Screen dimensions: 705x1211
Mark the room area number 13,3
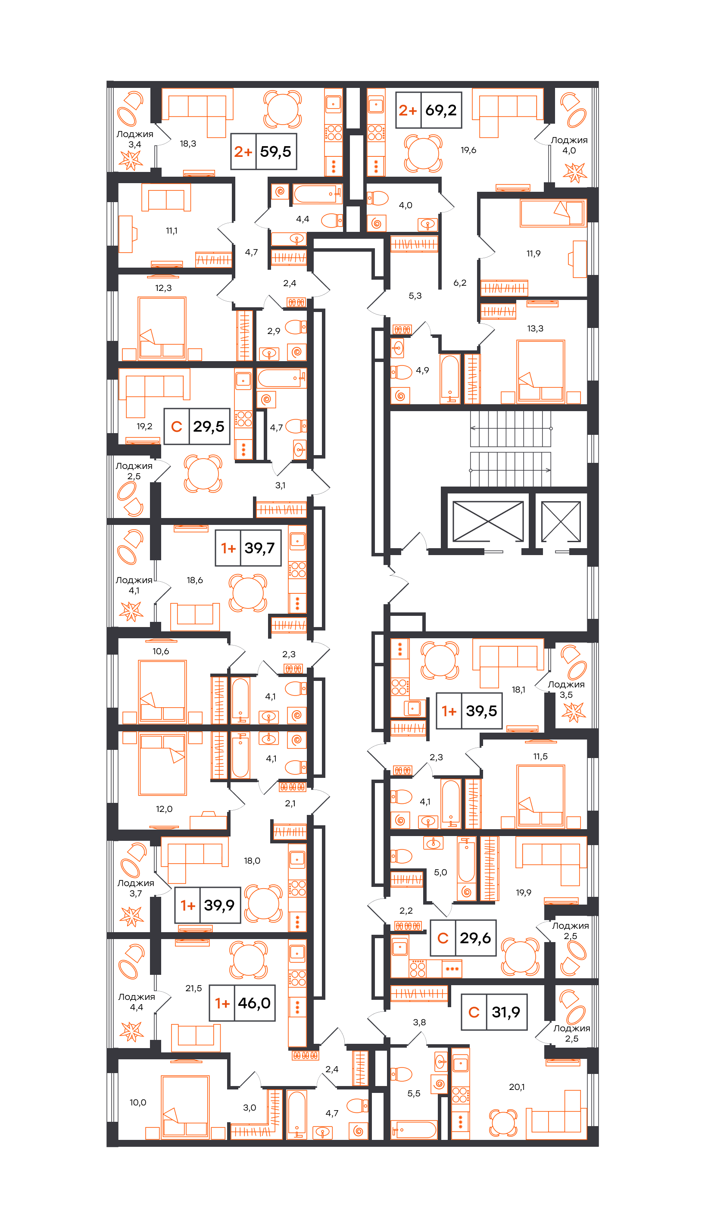coord(535,329)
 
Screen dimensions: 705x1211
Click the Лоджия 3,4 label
coord(134,139)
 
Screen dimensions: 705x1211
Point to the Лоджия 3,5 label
coord(566,690)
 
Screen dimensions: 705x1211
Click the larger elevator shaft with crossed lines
coord(488,521)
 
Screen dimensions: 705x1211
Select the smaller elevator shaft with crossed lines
coord(561,521)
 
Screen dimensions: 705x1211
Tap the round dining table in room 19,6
coord(423,153)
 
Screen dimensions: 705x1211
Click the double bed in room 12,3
coord(162,329)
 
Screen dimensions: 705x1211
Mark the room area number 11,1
coord(172,231)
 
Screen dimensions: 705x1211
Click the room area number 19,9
coord(523,893)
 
